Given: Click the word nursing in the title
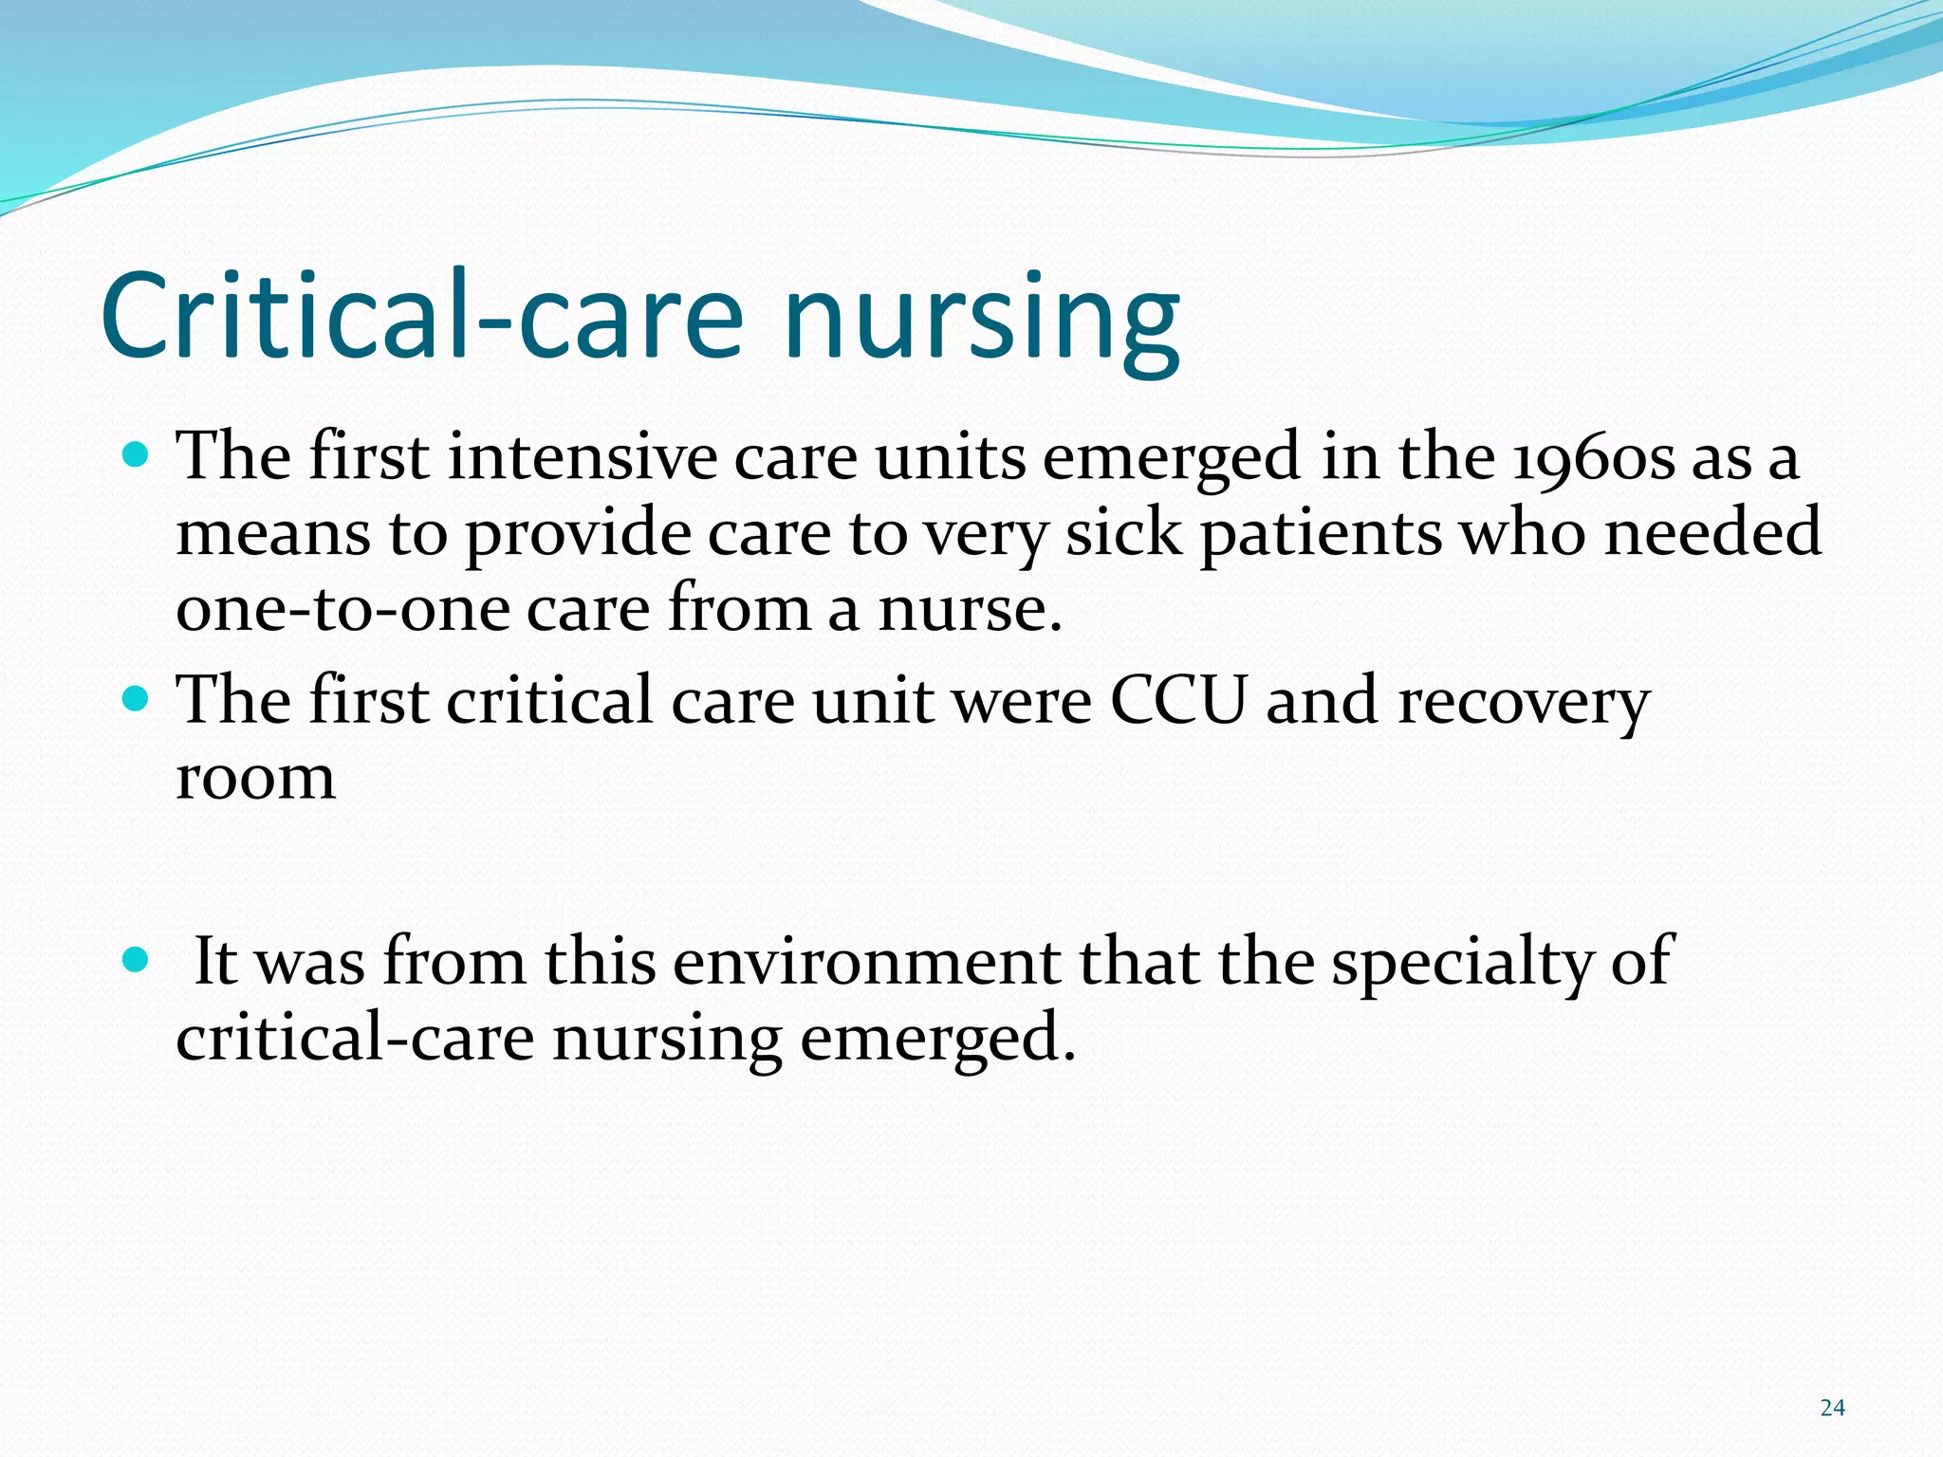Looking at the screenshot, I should click(x=981, y=318).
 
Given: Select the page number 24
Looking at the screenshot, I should click(x=1832, y=1408).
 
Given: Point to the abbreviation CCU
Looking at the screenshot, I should click(x=1176, y=702).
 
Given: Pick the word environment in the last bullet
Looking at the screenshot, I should click(x=866, y=963).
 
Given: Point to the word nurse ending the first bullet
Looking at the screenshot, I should click(x=969, y=609).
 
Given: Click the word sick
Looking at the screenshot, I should click(x=1123, y=534).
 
